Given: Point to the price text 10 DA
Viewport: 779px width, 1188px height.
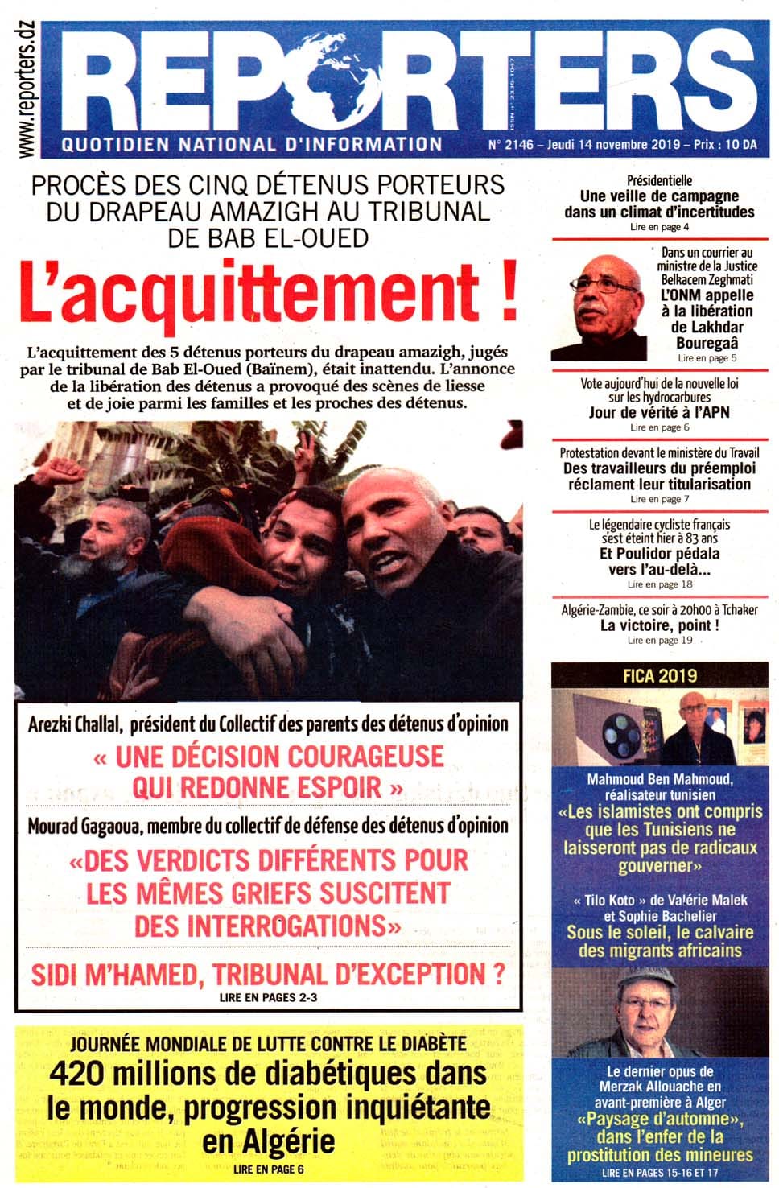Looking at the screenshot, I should [x=740, y=146].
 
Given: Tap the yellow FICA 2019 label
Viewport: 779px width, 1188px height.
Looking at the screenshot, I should [x=660, y=675].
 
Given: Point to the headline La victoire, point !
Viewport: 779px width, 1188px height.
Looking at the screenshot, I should [x=660, y=625].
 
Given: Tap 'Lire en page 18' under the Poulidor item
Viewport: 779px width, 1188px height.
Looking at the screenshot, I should [x=660, y=584].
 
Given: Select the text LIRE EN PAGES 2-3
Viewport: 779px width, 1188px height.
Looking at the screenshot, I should [x=262, y=996].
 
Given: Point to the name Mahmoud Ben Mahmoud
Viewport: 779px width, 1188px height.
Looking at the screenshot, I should [x=659, y=778].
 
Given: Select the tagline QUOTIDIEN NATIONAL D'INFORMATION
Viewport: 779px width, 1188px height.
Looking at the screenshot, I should [x=252, y=145].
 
